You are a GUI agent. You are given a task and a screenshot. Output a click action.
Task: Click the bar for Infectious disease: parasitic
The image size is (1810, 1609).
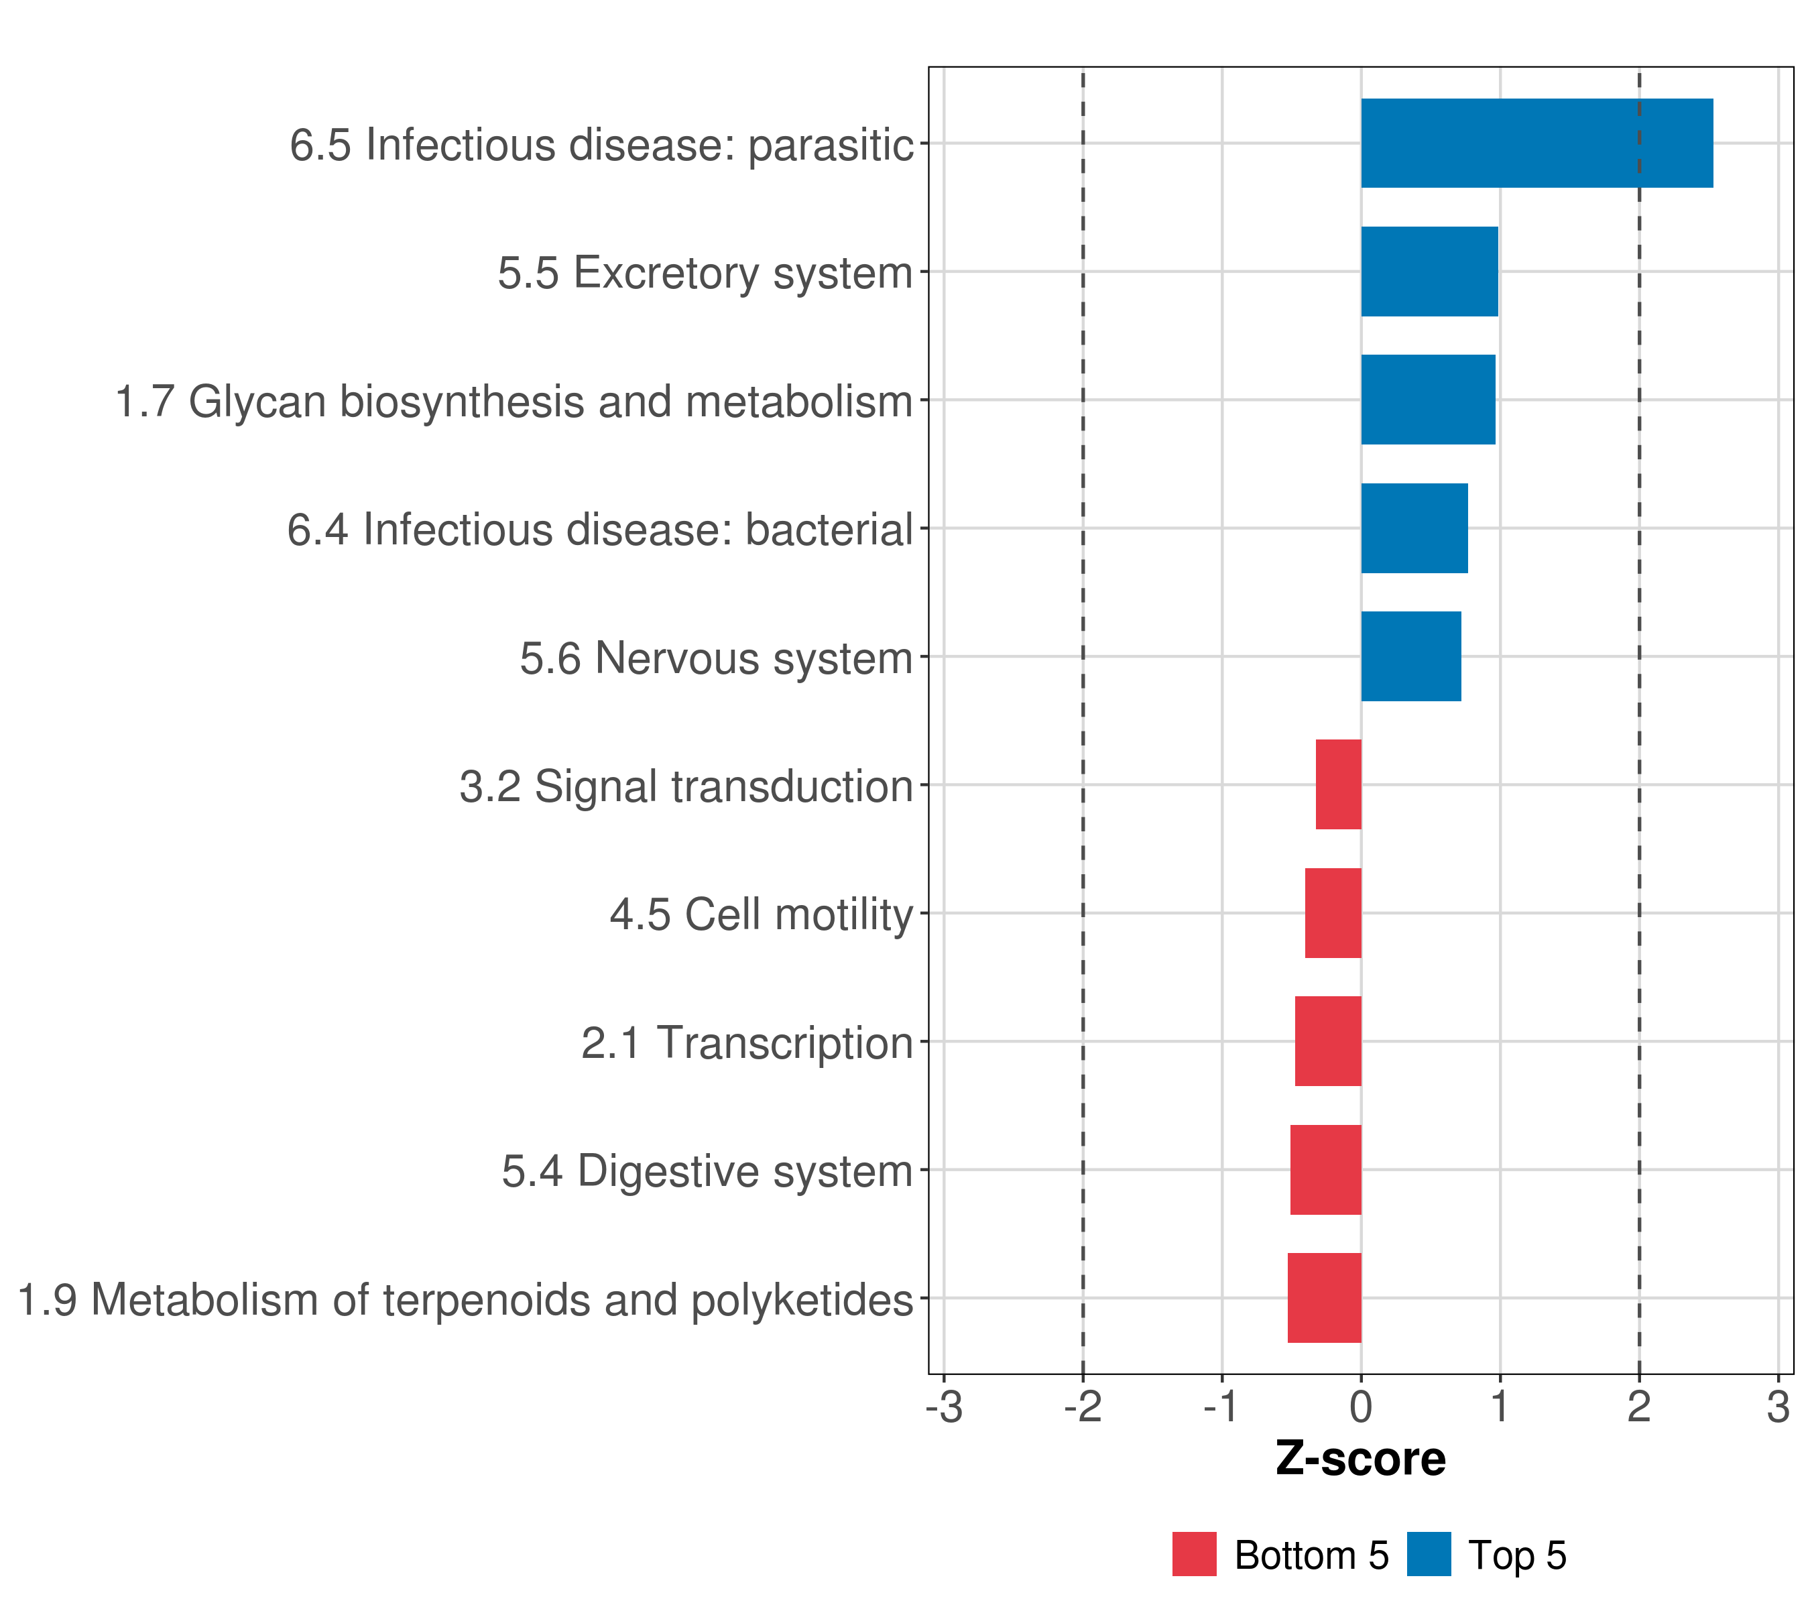1536,143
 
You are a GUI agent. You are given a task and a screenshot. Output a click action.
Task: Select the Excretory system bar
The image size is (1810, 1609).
1429,272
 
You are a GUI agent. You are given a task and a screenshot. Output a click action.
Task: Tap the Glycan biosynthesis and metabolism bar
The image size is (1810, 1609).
1427,400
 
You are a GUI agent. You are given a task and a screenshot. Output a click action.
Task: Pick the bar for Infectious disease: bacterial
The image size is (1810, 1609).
1414,529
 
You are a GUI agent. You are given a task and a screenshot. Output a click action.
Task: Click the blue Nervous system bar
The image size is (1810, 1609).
1410,656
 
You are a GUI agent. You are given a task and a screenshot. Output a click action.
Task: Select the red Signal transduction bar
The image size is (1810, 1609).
1338,784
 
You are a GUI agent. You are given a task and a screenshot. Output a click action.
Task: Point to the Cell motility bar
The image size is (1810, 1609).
1333,913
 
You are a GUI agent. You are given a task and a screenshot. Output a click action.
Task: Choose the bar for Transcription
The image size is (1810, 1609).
1327,1041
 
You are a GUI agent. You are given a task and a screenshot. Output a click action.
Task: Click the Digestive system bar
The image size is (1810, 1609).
1325,1170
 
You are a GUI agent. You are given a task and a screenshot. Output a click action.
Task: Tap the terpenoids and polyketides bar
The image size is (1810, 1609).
1324,1298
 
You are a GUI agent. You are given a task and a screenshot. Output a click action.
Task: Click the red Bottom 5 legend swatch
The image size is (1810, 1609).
1194,1554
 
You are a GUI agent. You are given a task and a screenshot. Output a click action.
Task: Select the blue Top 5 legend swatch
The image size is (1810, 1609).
1429,1554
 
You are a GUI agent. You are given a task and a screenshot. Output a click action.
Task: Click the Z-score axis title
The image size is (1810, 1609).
1360,1458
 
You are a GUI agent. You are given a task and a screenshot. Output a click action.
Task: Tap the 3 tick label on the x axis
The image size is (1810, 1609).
1778,1407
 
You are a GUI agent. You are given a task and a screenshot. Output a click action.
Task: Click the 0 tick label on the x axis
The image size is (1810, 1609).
1361,1407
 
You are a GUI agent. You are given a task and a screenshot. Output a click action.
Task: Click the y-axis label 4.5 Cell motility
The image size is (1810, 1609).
761,914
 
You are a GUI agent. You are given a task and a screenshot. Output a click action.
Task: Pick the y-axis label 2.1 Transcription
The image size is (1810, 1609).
747,1043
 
